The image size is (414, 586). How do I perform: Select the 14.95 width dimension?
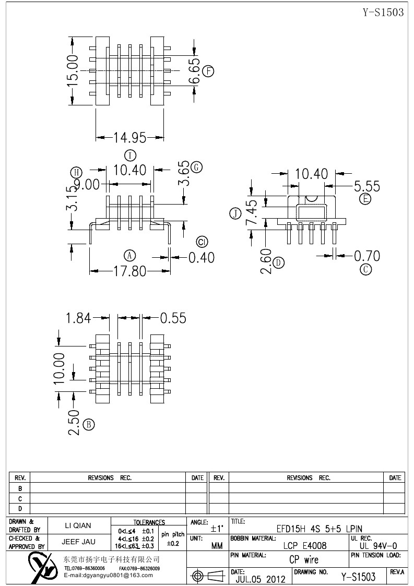(130, 138)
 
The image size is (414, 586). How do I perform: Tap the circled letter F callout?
(209, 71)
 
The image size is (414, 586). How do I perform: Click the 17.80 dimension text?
(130, 271)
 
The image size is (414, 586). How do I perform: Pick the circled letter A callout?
(129, 255)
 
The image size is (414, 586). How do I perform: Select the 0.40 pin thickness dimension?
(201, 257)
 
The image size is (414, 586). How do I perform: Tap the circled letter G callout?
(196, 167)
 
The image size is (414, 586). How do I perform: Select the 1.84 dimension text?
(79, 317)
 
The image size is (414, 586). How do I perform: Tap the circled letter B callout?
(89, 424)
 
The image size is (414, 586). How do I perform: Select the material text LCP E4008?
(305, 546)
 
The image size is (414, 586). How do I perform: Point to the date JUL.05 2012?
(261, 579)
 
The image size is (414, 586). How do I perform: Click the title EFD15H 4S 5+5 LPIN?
(319, 529)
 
